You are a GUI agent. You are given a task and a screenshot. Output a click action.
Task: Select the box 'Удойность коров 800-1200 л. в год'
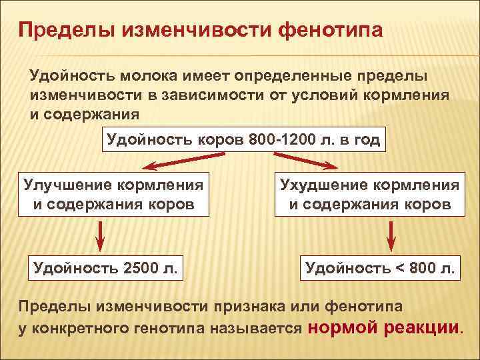click(243, 141)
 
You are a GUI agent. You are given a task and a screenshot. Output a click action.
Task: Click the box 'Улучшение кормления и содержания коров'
click(114, 194)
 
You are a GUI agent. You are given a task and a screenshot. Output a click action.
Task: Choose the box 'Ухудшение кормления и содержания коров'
click(370, 194)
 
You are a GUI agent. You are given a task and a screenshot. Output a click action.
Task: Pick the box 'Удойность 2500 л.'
click(105, 268)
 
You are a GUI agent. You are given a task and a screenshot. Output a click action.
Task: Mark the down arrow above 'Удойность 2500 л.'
click(99, 235)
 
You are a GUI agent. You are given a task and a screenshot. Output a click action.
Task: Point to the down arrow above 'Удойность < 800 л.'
click(391, 235)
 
